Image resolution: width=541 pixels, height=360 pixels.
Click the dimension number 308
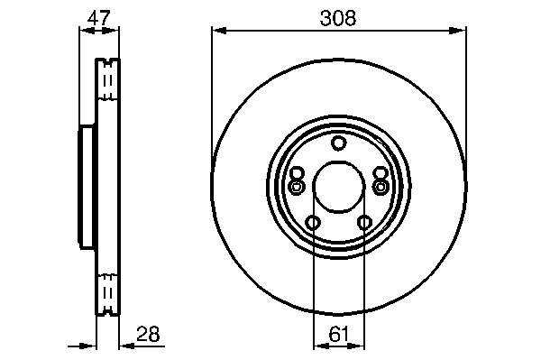[338, 18]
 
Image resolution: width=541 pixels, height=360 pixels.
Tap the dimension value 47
[98, 18]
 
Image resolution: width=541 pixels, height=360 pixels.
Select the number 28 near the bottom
[149, 334]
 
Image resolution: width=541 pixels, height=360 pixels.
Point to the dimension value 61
[338, 334]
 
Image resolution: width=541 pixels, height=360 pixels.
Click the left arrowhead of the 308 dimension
[219, 31]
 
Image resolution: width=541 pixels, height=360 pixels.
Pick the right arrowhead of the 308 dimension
[457, 31]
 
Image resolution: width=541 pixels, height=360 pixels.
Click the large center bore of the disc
[338, 187]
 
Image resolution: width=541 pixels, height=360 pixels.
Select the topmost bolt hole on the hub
[338, 143]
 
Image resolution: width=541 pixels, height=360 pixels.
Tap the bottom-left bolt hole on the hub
[313, 222]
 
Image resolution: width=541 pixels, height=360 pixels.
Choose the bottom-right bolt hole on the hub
[364, 222]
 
